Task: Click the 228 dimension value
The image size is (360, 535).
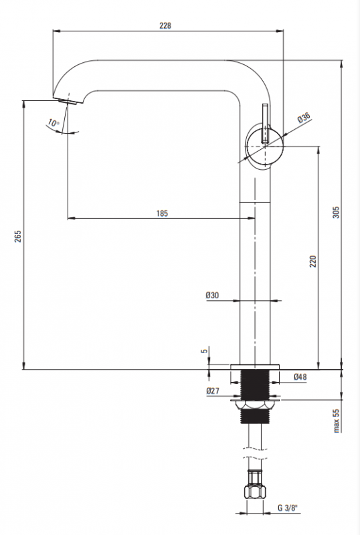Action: (165, 25)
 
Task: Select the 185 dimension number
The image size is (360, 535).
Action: (162, 213)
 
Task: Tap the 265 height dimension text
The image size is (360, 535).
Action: (18, 237)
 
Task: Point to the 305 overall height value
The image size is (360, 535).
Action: (336, 212)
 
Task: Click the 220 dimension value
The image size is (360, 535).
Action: (313, 261)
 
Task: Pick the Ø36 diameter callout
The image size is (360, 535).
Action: (304, 118)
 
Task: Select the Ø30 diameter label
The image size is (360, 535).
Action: (212, 295)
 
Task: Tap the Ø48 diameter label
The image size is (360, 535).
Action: (300, 377)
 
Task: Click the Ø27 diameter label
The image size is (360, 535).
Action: (213, 391)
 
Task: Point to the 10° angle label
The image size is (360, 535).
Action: (54, 122)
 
